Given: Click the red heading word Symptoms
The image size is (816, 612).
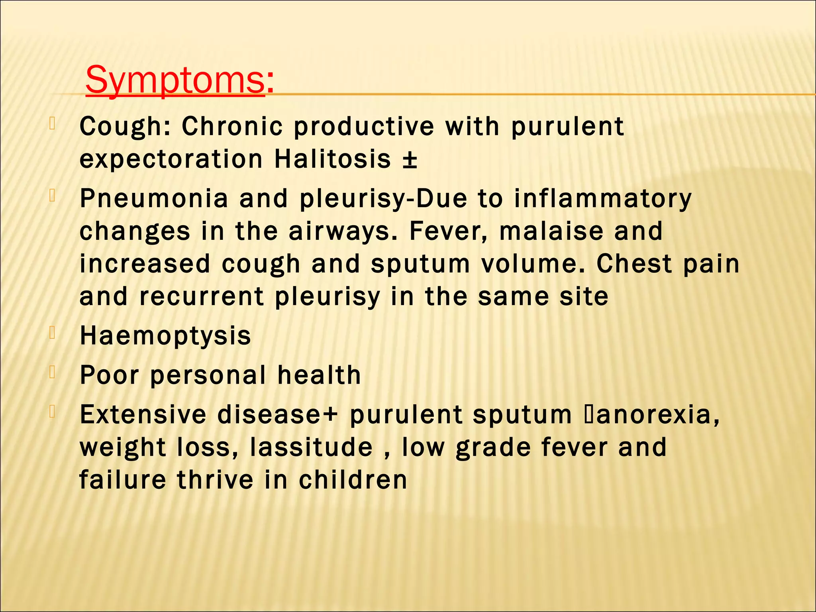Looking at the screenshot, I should (175, 80).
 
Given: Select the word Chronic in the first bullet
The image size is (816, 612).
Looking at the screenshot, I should (232, 127).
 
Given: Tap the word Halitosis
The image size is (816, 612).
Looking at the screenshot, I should (333, 159).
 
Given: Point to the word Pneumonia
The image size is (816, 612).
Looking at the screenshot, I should (154, 198).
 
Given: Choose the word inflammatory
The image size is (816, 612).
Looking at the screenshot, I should (603, 198).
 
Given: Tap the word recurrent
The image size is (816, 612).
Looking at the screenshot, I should (202, 297).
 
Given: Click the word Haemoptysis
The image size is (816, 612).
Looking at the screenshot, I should (165, 335).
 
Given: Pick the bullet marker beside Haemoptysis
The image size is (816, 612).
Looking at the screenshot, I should (52, 333).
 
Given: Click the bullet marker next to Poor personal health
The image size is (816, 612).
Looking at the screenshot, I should (52, 372).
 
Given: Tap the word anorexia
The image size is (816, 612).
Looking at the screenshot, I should (653, 414).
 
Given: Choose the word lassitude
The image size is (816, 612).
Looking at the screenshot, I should (311, 447).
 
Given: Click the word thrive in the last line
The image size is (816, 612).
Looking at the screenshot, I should (215, 480).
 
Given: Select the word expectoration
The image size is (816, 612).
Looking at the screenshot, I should (171, 159).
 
